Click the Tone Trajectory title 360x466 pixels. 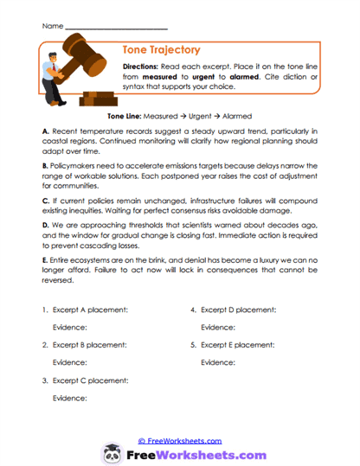pos(164,50)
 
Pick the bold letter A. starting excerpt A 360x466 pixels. pos(44,130)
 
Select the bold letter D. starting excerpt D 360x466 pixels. pos(45,223)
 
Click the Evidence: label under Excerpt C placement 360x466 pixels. pos(70,398)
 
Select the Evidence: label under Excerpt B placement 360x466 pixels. pos(70,362)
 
